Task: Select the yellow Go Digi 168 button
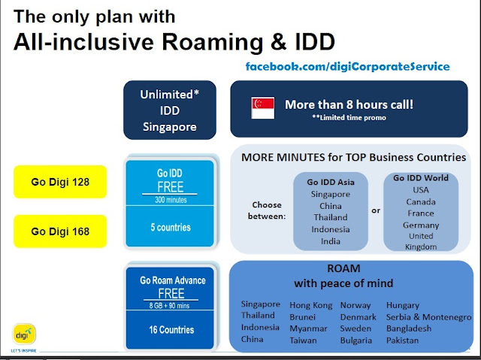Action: (x=59, y=231)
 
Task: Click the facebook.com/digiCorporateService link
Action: (x=348, y=67)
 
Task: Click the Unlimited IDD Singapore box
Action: (x=170, y=111)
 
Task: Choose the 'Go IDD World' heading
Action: (x=421, y=177)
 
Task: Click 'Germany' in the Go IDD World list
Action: (x=421, y=225)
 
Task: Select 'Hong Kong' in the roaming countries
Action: (x=310, y=304)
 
